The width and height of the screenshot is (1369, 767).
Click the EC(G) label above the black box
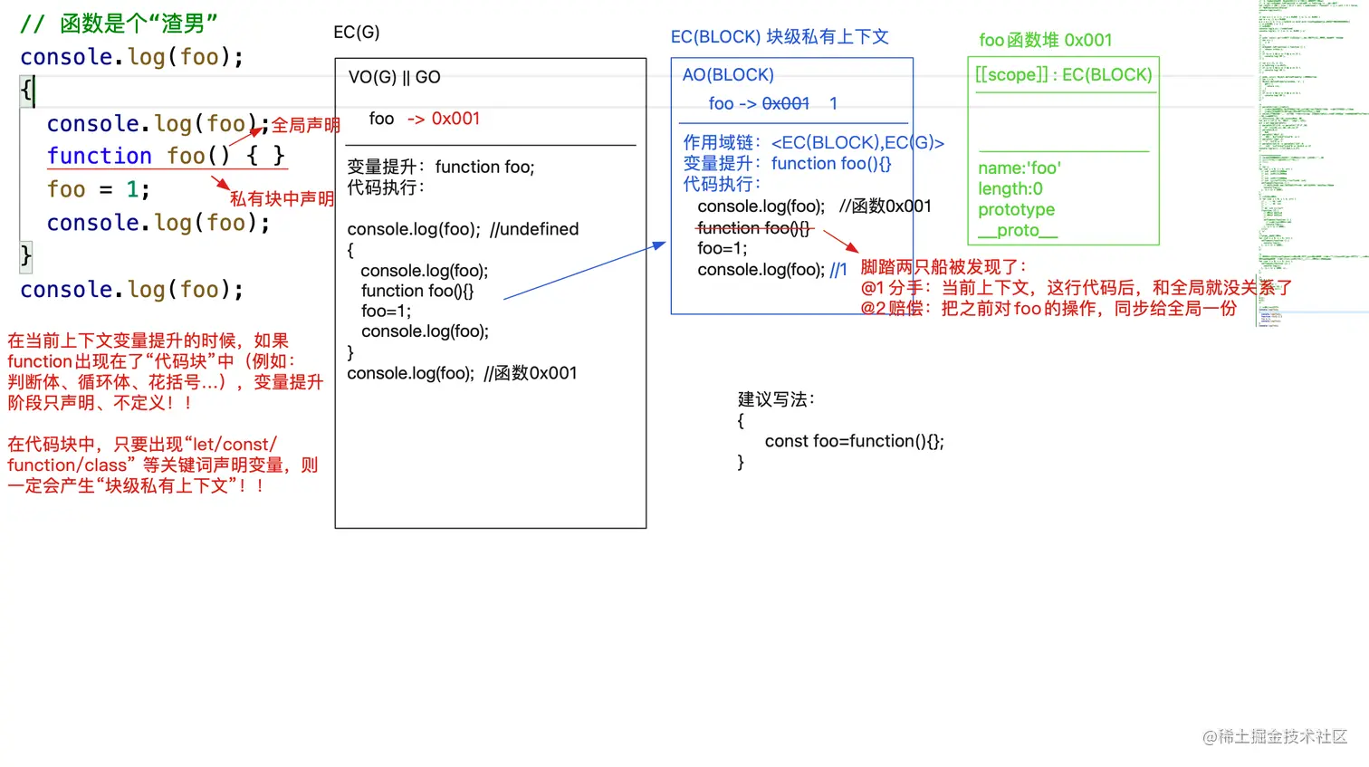tap(356, 33)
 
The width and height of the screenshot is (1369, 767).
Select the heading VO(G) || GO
tap(394, 78)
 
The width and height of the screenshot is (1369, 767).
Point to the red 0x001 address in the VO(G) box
tap(455, 119)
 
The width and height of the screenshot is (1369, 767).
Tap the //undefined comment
tap(533, 229)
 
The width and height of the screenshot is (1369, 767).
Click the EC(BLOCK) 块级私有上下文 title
tap(779, 37)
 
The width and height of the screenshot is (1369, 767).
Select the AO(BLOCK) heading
tap(728, 75)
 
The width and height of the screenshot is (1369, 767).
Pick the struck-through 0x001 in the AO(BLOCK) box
tap(785, 104)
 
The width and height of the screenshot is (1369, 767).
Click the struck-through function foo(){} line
tap(753, 228)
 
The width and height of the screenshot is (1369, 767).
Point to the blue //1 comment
tap(838, 270)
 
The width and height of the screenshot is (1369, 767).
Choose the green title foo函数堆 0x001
tap(1045, 40)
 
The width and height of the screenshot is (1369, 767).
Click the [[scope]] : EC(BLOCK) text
tap(1063, 75)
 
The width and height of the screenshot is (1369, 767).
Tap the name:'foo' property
tap(1019, 168)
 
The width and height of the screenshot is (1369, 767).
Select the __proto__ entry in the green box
tap(1017, 231)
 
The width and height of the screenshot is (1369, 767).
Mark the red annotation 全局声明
tap(306, 125)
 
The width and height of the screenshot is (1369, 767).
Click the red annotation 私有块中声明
tap(282, 199)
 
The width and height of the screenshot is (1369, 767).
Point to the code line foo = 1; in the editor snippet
tap(98, 189)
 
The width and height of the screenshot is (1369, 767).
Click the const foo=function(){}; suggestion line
tap(854, 441)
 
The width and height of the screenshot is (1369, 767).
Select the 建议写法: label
tap(776, 399)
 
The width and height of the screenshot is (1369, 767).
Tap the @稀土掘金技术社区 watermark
tap(1274, 737)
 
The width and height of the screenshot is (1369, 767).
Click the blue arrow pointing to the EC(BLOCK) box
tap(584, 271)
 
